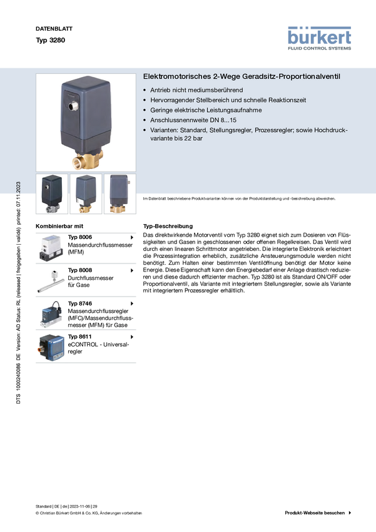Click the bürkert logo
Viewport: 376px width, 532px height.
(x=319, y=38)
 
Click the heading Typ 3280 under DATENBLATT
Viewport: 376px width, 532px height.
(x=51, y=40)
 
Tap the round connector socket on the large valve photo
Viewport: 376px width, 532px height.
(x=74, y=106)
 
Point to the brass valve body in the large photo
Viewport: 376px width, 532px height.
(x=88, y=159)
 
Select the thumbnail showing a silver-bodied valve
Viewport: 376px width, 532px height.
(x=52, y=194)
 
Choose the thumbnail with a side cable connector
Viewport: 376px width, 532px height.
(x=120, y=194)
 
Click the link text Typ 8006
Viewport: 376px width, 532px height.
(x=80, y=237)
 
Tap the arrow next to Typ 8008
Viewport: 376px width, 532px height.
(x=132, y=270)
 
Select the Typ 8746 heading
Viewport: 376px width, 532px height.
(x=80, y=304)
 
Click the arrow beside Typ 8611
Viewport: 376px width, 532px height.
(x=132, y=337)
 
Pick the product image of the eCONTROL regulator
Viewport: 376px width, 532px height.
(x=51, y=347)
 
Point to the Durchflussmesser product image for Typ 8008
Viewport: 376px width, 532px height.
(x=51, y=281)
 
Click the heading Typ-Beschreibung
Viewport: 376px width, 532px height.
(x=168, y=226)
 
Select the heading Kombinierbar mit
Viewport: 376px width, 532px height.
(x=59, y=226)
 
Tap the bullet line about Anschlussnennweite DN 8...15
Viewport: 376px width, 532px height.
(x=193, y=120)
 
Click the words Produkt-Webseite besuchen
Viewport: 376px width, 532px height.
(x=315, y=513)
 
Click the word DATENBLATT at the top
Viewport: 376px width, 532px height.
(x=54, y=29)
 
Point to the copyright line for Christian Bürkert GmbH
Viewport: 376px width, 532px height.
(x=89, y=513)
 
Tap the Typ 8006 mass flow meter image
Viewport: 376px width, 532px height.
(x=51, y=248)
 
